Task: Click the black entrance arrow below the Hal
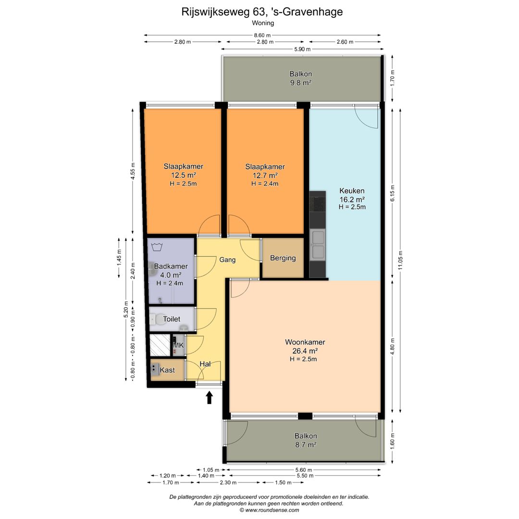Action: (x=209, y=397)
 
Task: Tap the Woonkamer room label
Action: (x=305, y=342)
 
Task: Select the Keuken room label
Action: (x=352, y=191)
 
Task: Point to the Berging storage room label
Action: (x=283, y=258)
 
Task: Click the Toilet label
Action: (x=172, y=319)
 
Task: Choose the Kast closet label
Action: (x=167, y=370)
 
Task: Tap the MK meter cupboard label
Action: (x=178, y=346)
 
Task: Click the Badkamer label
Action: (x=171, y=266)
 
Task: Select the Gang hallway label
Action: (x=227, y=260)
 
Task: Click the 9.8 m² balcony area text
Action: (x=300, y=83)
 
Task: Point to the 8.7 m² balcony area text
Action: (x=306, y=445)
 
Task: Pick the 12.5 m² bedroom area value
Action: (x=184, y=175)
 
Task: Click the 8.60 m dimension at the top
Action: (x=262, y=35)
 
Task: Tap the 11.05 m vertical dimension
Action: (x=400, y=260)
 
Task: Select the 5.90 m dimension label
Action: (x=302, y=49)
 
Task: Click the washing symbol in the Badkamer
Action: (x=157, y=247)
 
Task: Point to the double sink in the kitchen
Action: (x=318, y=245)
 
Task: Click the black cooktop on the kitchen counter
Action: (x=318, y=202)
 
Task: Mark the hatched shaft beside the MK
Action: (x=160, y=345)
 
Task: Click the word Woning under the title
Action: (x=263, y=23)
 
